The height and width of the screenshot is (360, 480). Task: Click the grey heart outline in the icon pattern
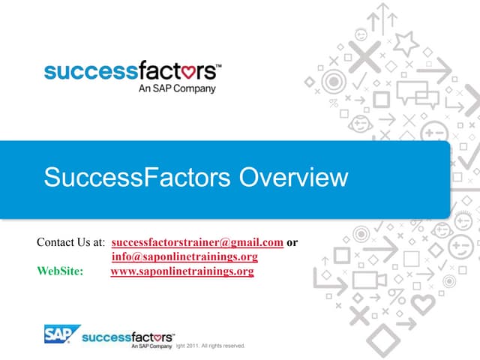pos(423,304)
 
